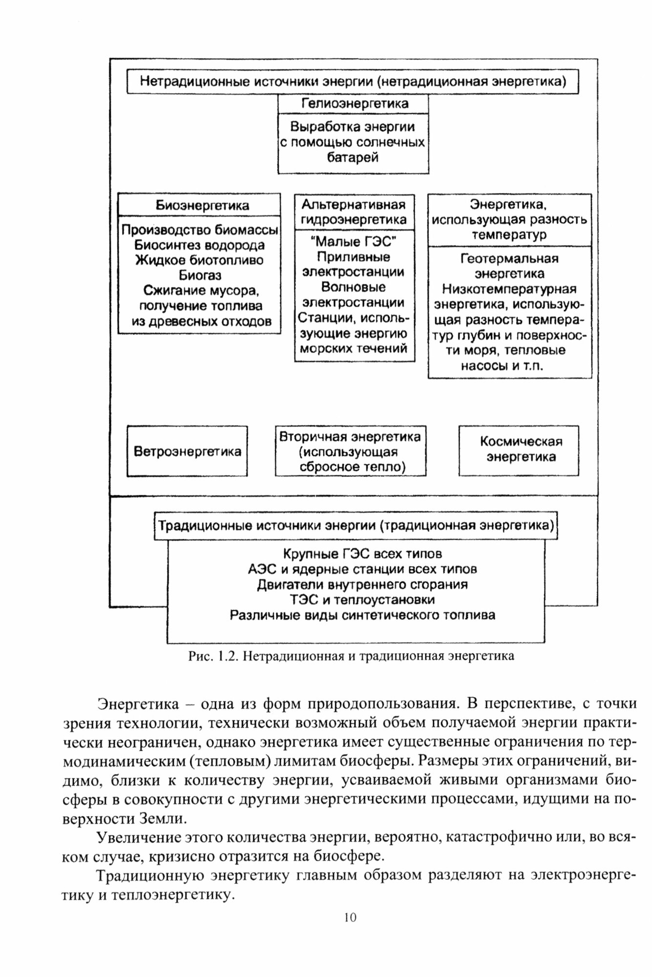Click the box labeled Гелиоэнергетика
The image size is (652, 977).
(x=353, y=104)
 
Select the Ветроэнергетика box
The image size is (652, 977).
(x=187, y=451)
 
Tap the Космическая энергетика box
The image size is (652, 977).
(x=519, y=450)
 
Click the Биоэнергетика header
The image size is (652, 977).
(x=199, y=206)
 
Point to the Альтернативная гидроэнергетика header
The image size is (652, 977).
(x=354, y=212)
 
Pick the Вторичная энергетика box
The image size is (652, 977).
(x=350, y=451)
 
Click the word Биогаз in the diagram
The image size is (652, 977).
(x=200, y=276)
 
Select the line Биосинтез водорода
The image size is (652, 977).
(x=200, y=245)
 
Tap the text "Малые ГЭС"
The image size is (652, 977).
(x=354, y=242)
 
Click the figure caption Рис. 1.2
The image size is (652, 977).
(x=351, y=656)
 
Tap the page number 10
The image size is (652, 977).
(x=350, y=917)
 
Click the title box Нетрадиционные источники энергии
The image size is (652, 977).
(x=353, y=81)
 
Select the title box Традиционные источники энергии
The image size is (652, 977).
(x=356, y=526)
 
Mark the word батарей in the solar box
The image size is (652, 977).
(x=353, y=158)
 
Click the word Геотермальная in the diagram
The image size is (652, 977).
(x=509, y=258)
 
